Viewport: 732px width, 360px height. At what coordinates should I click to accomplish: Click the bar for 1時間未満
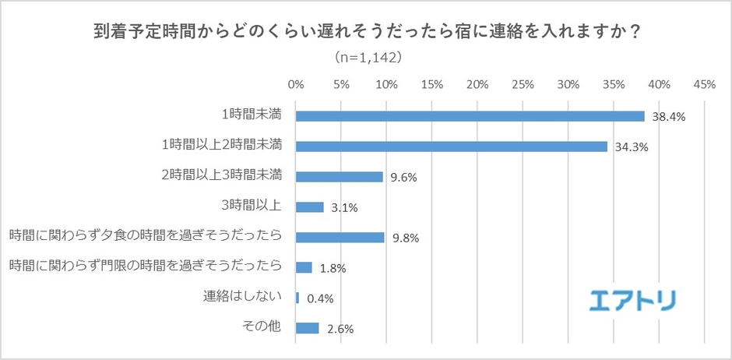tap(470, 116)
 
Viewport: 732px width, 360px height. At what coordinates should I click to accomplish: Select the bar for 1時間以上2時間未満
tap(452, 146)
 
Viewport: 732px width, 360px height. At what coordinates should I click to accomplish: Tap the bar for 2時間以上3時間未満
tap(340, 177)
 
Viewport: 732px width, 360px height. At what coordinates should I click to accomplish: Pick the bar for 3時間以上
tap(310, 207)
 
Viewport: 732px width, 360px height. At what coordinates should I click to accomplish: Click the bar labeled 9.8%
tap(340, 238)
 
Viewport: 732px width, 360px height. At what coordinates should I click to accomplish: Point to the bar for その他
tap(308, 328)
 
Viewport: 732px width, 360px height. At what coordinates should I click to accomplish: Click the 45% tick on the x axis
tap(704, 84)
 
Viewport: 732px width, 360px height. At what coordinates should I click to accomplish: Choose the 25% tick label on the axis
tap(523, 84)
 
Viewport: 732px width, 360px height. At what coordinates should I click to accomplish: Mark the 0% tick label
tap(296, 84)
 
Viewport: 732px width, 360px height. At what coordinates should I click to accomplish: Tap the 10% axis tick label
tap(386, 84)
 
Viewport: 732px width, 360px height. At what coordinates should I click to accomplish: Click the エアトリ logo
tap(632, 300)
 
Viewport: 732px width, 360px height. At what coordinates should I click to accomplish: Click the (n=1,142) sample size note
tap(366, 57)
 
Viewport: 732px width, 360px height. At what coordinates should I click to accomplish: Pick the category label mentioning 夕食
tap(144, 236)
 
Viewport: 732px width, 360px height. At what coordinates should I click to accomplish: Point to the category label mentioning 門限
tap(144, 266)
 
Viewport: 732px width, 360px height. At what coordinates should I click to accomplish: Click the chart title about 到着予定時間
tap(366, 34)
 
